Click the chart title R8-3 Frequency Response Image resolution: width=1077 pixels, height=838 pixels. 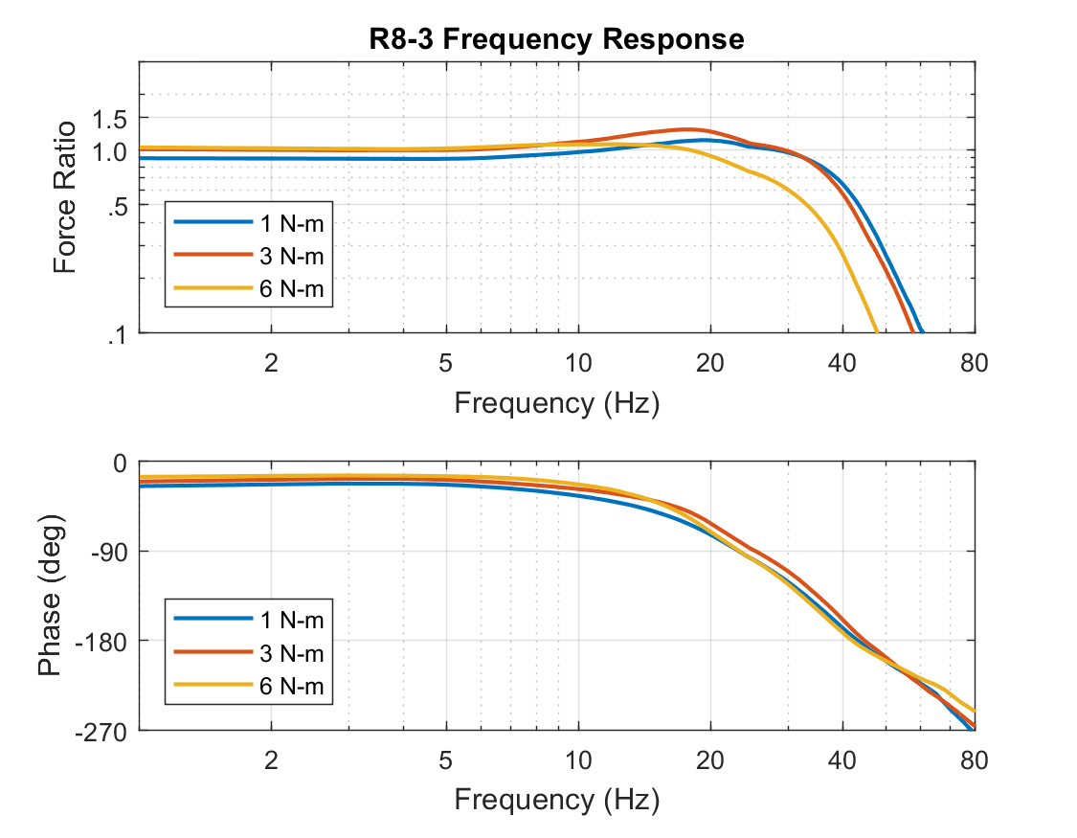tap(556, 39)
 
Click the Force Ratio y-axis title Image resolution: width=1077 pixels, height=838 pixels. tap(64, 197)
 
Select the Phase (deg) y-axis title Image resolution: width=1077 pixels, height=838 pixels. tap(51, 596)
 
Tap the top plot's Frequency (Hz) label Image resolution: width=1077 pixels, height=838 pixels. tap(556, 402)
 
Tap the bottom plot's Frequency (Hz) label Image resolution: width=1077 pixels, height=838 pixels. tap(556, 798)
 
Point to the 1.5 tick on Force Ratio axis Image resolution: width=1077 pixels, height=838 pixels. tap(112, 118)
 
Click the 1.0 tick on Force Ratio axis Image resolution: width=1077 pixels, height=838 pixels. tap(112, 152)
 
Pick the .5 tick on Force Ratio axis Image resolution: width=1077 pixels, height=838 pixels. tap(118, 205)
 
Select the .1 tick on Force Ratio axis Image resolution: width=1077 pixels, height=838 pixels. tap(118, 334)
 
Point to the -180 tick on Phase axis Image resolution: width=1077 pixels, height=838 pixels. tap(104, 641)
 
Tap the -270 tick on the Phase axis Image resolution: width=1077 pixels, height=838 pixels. tap(104, 731)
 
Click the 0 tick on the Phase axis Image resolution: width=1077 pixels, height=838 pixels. tap(121, 463)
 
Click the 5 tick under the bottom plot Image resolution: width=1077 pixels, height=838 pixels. tap(444, 760)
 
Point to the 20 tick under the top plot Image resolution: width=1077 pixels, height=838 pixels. tap(709, 362)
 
